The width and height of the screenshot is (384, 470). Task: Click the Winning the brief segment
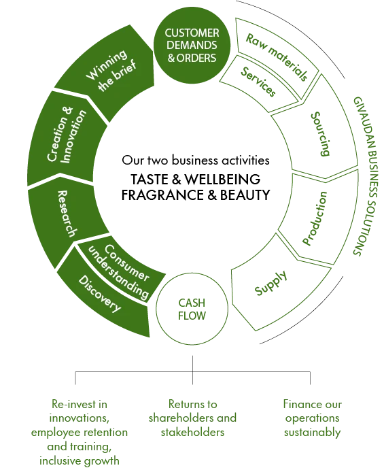pyautogui.click(x=123, y=78)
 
